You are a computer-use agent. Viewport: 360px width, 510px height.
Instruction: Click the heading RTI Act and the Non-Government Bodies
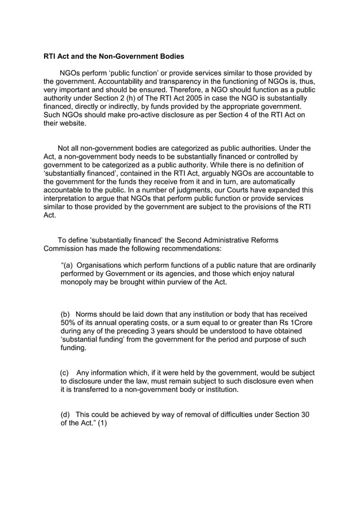pos(113,56)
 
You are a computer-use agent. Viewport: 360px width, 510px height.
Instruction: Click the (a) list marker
pos(66,265)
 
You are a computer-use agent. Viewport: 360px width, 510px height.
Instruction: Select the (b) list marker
pos(65,315)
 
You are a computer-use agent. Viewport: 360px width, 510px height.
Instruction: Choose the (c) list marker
pos(65,373)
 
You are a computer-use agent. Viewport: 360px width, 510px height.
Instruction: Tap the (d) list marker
pos(65,415)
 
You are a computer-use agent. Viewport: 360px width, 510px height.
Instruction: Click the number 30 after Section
pos(305,415)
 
